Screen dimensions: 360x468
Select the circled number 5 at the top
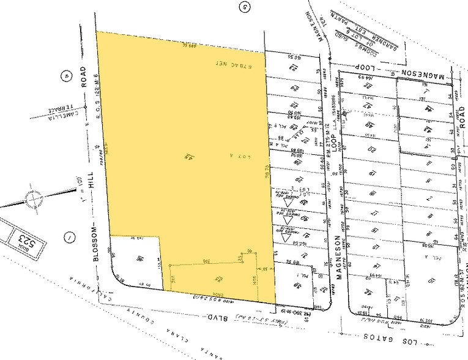245,7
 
